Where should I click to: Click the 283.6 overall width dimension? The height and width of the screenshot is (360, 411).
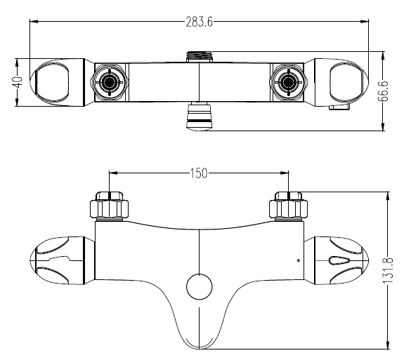[x=200, y=22]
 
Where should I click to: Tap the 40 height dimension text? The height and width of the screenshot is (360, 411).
[x=18, y=83]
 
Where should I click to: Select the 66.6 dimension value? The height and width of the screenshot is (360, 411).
[x=383, y=91]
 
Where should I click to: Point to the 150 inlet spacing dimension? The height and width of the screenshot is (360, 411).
[x=199, y=173]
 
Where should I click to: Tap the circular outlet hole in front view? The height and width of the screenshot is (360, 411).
[x=200, y=286]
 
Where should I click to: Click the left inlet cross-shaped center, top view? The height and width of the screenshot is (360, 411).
[x=109, y=82]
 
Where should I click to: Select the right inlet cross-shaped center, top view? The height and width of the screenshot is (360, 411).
[x=288, y=82]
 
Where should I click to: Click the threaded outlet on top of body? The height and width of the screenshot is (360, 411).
[x=200, y=57]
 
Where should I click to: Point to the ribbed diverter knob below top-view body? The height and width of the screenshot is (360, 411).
[x=200, y=116]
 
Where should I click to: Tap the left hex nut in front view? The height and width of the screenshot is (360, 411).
[x=109, y=205]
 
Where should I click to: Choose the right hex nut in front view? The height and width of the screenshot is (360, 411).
[x=288, y=205]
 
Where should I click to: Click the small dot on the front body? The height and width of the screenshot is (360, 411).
[x=298, y=260]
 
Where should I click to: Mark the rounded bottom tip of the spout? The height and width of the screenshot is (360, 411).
[x=200, y=349]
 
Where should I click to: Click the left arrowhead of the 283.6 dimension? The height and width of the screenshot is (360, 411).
[x=34, y=22]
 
